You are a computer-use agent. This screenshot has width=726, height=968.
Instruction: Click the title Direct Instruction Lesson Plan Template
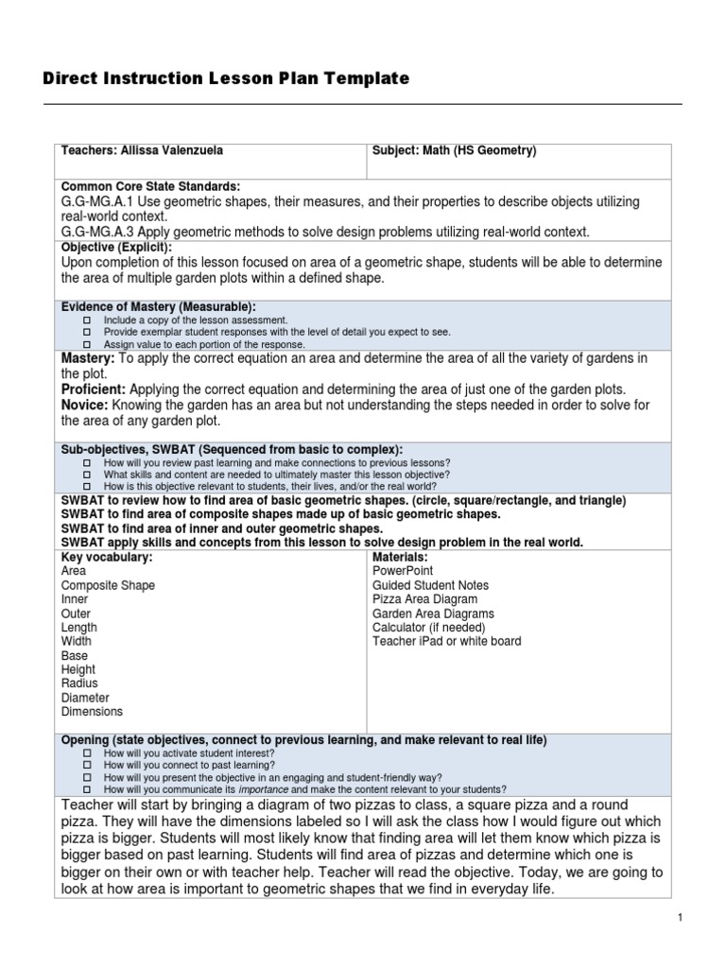226,79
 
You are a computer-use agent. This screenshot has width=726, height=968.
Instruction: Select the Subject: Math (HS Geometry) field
454,150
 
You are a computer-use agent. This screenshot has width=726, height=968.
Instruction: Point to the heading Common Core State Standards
150,186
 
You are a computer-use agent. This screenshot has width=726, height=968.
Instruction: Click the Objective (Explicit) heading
116,247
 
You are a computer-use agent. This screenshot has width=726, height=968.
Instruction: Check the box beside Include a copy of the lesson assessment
87,321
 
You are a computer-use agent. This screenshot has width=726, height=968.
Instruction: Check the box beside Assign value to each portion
87,344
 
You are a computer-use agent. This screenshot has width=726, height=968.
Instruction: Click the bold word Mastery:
88,358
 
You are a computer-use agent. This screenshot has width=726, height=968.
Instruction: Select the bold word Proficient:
94,389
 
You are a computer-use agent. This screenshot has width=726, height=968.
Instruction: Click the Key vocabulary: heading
107,557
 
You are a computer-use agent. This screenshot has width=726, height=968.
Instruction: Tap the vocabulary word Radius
79,683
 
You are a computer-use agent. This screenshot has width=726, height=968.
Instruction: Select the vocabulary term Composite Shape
108,585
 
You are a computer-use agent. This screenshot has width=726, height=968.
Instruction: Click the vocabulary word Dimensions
92,712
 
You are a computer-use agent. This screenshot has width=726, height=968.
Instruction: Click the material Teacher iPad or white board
446,641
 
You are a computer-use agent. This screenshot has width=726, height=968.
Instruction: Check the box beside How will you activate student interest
87,753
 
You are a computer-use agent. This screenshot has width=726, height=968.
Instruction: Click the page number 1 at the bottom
680,918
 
